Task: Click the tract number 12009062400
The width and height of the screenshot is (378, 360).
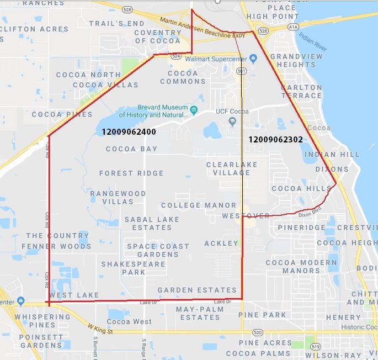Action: [129, 132]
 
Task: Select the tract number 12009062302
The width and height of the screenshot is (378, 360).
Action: [275, 139]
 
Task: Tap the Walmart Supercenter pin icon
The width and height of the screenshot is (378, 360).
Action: [253, 58]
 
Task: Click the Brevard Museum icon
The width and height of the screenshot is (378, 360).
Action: [194, 110]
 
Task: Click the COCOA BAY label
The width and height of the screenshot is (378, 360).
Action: [131, 149]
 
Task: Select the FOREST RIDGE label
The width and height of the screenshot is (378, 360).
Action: [131, 173]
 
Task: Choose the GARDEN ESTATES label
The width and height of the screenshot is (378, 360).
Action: [197, 290]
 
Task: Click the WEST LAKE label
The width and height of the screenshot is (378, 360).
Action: [77, 295]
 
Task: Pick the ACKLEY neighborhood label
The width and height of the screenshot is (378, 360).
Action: [221, 243]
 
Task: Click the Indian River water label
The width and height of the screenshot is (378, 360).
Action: [313, 42]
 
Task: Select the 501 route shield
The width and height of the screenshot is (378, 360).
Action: [241, 71]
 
